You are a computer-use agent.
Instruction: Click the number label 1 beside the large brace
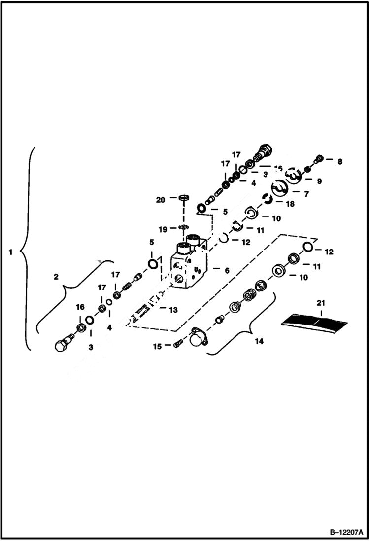tap(10, 252)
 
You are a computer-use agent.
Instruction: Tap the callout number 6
tap(227, 270)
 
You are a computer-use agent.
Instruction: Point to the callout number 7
tap(306, 194)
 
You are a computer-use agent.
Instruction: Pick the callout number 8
tap(339, 161)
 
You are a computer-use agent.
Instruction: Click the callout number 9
tap(319, 181)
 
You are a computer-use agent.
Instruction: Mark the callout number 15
tap(157, 347)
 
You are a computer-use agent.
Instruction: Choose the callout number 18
tap(290, 204)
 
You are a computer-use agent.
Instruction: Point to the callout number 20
tap(160, 200)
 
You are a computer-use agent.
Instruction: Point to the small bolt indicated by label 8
tap(320, 158)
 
